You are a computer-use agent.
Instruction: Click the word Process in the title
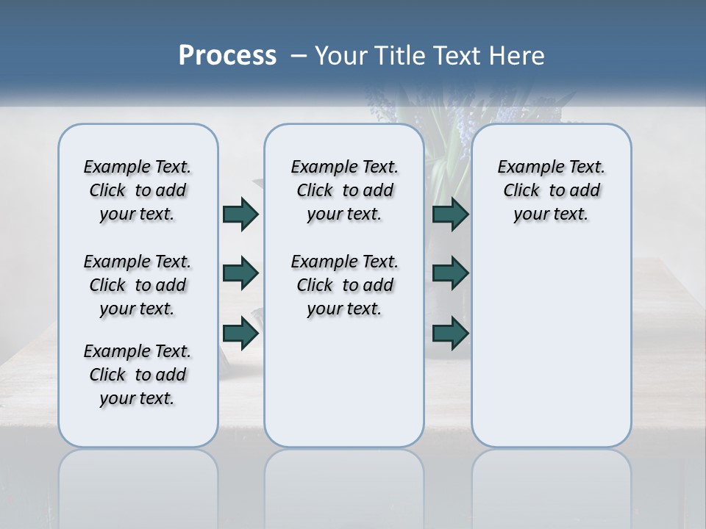(x=227, y=56)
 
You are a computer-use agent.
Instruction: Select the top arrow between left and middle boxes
(x=240, y=214)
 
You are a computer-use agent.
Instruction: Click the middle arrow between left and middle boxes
(x=240, y=273)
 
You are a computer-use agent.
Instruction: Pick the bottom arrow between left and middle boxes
(x=240, y=333)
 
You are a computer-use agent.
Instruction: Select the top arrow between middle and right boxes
(x=450, y=214)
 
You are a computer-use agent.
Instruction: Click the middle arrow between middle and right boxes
(x=450, y=273)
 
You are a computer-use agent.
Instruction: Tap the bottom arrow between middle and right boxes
(x=450, y=333)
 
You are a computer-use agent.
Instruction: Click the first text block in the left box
(x=138, y=190)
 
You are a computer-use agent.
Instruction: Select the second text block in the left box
(x=138, y=285)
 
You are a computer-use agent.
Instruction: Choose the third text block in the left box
(x=138, y=375)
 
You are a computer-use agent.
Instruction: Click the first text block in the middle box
(x=345, y=190)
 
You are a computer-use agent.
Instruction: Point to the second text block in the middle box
(x=345, y=285)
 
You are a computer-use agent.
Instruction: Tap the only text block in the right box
(x=552, y=190)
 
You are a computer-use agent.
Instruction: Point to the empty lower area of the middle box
(x=344, y=382)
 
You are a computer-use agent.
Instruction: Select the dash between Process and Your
(x=298, y=57)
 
